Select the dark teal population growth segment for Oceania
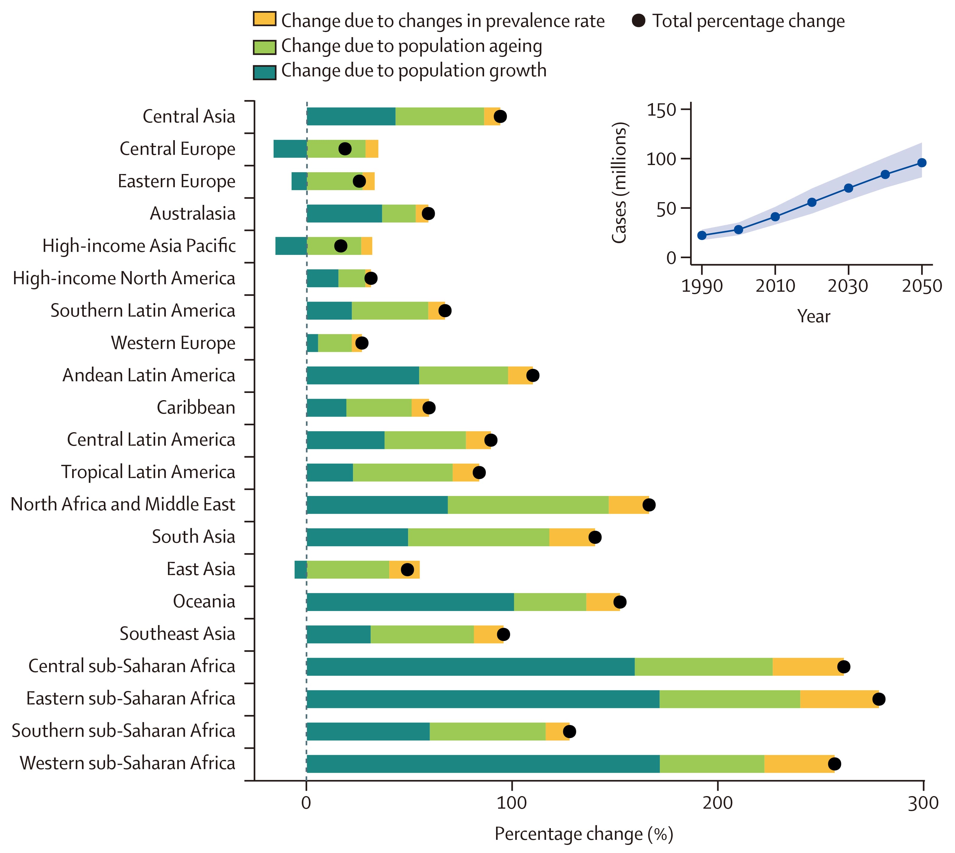tap(410, 602)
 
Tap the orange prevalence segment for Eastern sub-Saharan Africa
tap(839, 699)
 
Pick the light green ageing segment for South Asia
tap(479, 537)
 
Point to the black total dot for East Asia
tap(407, 569)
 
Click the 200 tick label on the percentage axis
tap(718, 803)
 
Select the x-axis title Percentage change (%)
tap(583, 834)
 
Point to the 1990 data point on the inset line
tap(702, 235)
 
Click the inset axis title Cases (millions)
tap(619, 183)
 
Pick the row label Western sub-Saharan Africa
tap(128, 763)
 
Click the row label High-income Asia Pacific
tap(139, 246)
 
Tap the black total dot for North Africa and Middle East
tap(649, 505)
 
